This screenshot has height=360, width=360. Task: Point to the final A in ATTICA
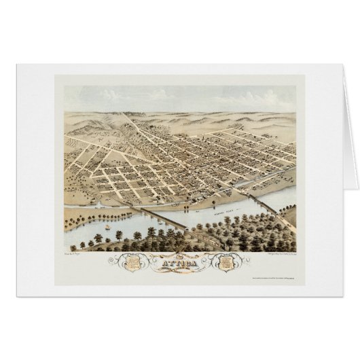198,257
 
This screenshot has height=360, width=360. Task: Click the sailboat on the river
107,221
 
